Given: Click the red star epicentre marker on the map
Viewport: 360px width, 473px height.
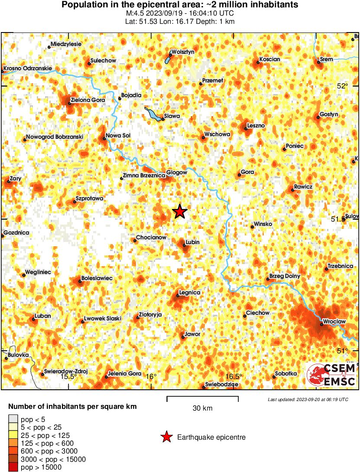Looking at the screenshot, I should [180, 212].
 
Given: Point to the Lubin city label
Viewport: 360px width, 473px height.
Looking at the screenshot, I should [192, 242].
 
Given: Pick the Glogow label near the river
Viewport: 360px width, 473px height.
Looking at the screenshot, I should [177, 173].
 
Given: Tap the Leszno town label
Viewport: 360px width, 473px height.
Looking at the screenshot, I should [255, 126].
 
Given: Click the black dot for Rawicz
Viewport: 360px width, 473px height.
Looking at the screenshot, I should [293, 190].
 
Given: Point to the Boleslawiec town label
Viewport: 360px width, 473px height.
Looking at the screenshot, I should [97, 278].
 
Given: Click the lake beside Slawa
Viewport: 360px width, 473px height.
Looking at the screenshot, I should [152, 114].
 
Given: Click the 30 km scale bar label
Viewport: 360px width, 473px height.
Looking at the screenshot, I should [202, 408].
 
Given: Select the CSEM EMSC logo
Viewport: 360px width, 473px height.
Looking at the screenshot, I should [331, 375].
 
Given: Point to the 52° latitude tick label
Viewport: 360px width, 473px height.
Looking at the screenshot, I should [343, 86].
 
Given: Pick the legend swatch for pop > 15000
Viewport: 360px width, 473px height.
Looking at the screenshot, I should [13, 467].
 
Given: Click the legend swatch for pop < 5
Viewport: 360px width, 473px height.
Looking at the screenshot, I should [13, 419].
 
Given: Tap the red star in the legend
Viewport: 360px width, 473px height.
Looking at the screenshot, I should [166, 437].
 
